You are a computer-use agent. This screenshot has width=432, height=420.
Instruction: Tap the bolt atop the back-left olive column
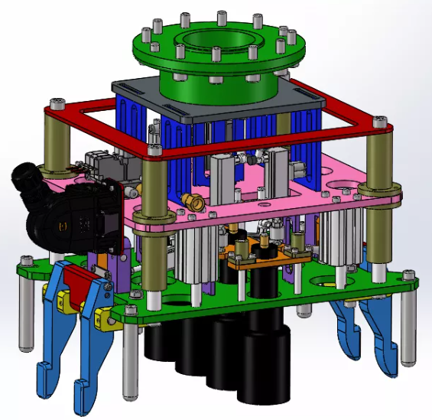tap(55, 103)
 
